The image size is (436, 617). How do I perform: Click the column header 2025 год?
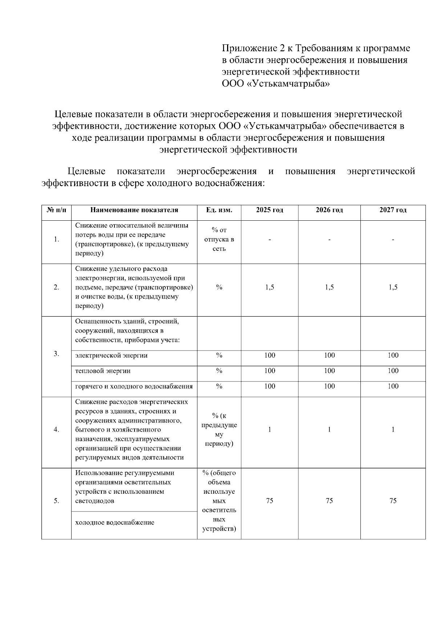pos(269,210)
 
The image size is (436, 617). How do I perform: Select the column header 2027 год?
pos(393,210)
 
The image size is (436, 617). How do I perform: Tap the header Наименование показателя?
pos(134,210)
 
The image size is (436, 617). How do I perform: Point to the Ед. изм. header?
pos(219,210)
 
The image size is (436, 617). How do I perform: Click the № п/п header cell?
pos(56,210)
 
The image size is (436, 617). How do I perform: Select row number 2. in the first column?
pos(56,287)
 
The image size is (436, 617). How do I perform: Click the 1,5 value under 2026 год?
pos(329,287)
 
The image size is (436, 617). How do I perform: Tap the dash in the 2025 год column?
pos(269,240)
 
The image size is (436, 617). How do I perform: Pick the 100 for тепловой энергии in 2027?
pos(393,371)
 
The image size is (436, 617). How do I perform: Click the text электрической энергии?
pos(111,356)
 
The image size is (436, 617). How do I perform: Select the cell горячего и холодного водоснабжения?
pos(134,386)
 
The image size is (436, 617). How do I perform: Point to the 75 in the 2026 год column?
pos(329,501)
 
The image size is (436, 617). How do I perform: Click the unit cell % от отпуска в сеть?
pos(219,240)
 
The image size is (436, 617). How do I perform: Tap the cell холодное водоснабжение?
pos(114,523)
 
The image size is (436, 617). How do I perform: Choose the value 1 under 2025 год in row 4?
pos(269,430)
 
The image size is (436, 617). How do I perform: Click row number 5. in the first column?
pos(56,501)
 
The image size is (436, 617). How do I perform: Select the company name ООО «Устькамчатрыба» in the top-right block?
pos(276,84)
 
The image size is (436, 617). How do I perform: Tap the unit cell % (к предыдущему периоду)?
pos(219,430)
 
